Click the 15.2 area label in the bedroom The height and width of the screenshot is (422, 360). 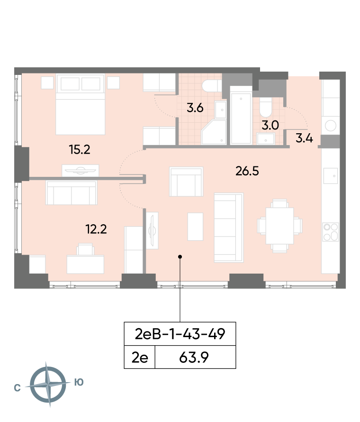coord(80,149)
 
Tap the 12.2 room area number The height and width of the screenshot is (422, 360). coord(96,229)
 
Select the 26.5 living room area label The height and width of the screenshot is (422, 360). coord(247,171)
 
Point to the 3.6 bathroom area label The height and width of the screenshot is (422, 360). coord(195,108)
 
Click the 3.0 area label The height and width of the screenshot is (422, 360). coord(270,126)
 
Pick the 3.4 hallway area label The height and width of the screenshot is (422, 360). coord(304,138)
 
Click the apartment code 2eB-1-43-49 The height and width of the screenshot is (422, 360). coord(180,334)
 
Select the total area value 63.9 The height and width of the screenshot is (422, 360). coord(194,358)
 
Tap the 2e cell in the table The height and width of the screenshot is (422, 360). coord(140,358)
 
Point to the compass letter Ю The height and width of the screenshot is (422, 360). coord(79,382)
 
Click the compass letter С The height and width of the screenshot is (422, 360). coord(17,388)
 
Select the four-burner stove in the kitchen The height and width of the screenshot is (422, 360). coord(331,232)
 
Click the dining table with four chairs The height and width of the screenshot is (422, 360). coord(279,226)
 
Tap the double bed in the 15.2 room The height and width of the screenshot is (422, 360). coord(80,104)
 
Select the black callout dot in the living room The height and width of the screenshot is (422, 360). coord(180,257)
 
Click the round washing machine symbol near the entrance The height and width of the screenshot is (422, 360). coord(331,126)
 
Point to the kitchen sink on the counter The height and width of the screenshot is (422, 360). coord(331,176)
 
